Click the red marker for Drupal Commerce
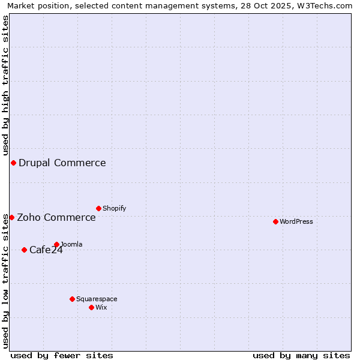(x=13, y=163)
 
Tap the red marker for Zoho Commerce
(x=11, y=217)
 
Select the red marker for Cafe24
(x=24, y=250)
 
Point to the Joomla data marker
(x=56, y=244)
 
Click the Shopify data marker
(x=98, y=208)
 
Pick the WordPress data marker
(x=275, y=221)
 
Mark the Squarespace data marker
(x=72, y=299)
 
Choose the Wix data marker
(x=91, y=307)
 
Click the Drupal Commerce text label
(x=62, y=163)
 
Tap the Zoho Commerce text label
(x=56, y=217)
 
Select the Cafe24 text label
(x=46, y=250)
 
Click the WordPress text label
(x=296, y=221)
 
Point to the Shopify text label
(x=115, y=208)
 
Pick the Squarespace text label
(x=97, y=299)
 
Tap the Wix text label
(x=101, y=307)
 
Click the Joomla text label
(x=72, y=244)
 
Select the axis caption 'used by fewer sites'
(x=62, y=355)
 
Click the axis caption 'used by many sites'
(x=301, y=355)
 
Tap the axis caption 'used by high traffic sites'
(x=6, y=85)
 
